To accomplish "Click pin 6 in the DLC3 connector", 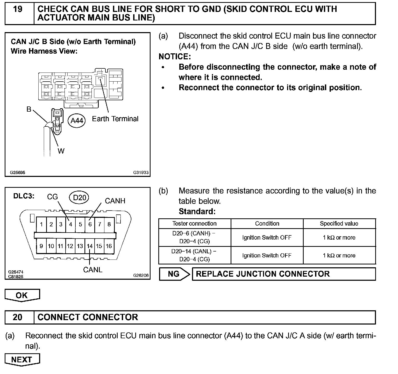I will [90, 224].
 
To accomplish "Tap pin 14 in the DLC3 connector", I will [90, 246].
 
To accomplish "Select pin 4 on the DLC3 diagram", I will [70, 224].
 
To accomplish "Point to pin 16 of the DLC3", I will [109, 246].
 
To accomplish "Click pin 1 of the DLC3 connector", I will [41, 224].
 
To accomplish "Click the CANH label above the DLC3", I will [115, 201].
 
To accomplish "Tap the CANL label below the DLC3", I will [93, 270].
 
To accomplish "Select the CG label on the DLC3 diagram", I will [52, 197].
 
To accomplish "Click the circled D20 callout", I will [79, 198].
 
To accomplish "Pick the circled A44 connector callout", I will [77, 121].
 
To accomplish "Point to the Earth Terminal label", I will [115, 119].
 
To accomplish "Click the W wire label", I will [61, 151].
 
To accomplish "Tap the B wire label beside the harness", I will [29, 109].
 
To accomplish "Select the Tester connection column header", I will [194, 224].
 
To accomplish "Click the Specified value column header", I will [339, 224].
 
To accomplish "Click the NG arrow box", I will [174, 274].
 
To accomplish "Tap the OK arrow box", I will [22, 296].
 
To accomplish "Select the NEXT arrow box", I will [22, 360].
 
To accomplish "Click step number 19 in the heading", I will [18, 9].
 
